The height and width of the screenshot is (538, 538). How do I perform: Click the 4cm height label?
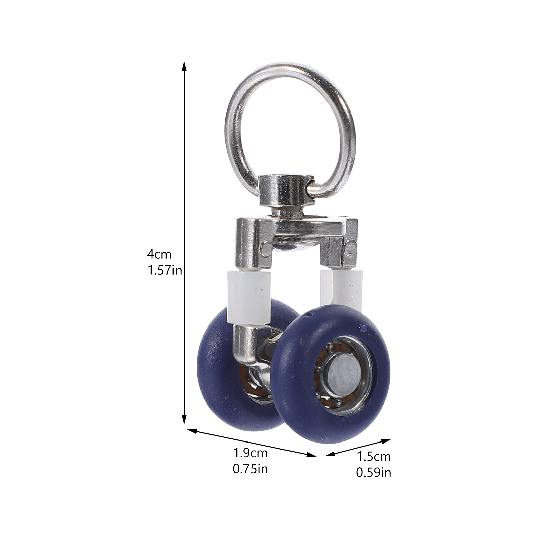point(159,254)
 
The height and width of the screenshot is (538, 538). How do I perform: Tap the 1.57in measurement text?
point(164,270)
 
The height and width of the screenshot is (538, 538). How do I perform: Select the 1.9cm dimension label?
point(251,453)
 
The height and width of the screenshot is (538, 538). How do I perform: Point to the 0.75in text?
point(251,469)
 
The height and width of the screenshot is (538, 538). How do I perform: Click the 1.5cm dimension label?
point(374,457)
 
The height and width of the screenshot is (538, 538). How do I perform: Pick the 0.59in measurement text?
point(374,473)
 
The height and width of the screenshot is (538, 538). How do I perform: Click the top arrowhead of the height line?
point(184,66)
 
